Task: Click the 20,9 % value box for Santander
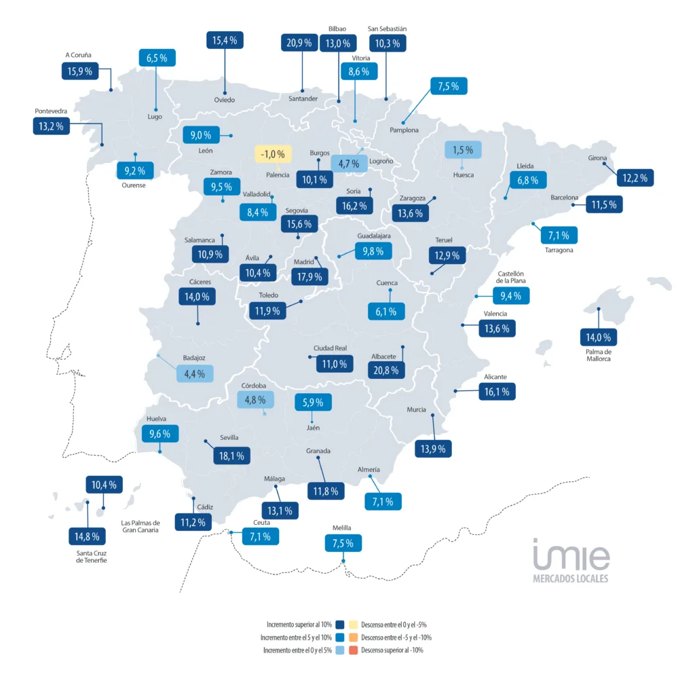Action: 299,43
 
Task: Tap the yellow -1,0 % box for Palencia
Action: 273,154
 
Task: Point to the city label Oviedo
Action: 225,100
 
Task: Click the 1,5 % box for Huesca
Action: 463,149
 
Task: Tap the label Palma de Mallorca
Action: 599,355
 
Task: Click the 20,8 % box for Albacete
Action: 388,369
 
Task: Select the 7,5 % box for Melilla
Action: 343,542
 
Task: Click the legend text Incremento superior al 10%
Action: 299,624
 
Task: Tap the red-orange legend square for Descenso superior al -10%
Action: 352,650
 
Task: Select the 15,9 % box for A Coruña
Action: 79,71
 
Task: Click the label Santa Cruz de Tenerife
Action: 92,557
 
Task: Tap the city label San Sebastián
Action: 387,29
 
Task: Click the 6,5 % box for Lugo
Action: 157,58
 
